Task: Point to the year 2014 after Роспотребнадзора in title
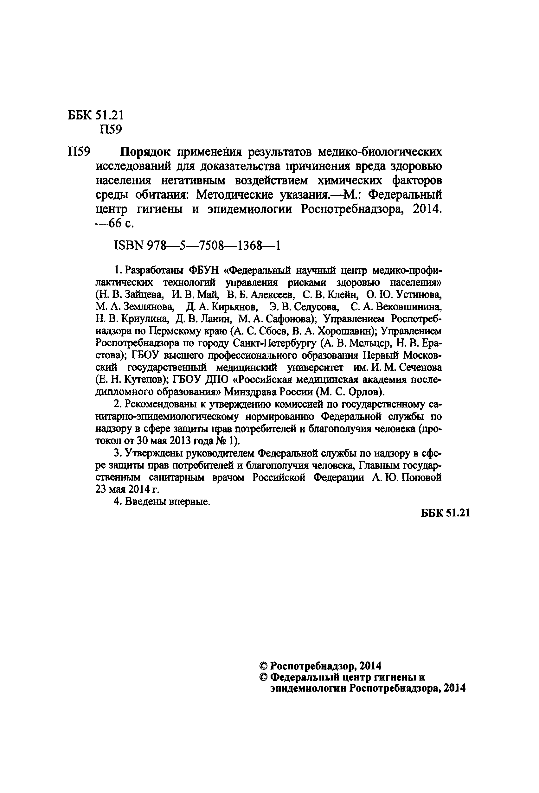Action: point(427,209)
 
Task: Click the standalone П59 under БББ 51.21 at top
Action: point(110,130)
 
